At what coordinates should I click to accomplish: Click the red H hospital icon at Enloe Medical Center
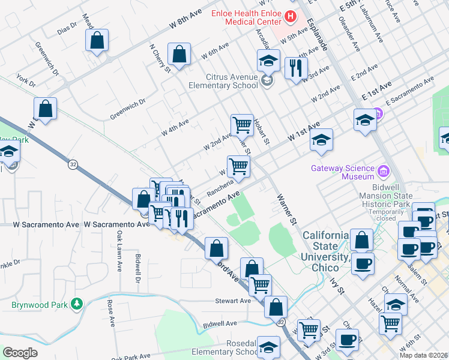[291, 16]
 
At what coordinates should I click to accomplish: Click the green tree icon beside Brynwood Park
[76, 304]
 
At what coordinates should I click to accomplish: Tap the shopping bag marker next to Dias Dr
[97, 41]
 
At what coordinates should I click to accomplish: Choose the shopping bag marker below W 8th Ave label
[179, 55]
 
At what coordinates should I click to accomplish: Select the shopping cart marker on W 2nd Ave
[242, 125]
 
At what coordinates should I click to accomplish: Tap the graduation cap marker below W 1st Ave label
[321, 141]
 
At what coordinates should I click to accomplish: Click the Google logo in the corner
[20, 352]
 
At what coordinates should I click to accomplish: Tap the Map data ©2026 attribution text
[423, 355]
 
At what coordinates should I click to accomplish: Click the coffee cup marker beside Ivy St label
[363, 263]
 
